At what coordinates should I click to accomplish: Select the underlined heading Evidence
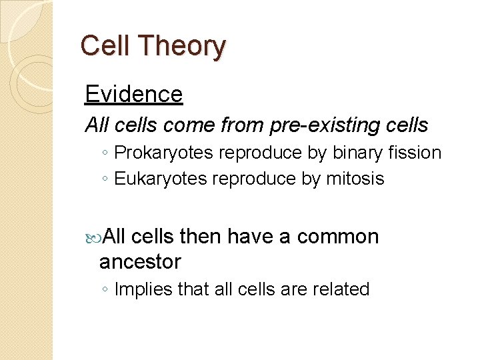tap(133, 94)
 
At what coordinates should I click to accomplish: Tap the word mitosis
tap(356, 179)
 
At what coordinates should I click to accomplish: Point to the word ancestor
tap(140, 261)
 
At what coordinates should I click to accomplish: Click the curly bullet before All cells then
tap(93, 237)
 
